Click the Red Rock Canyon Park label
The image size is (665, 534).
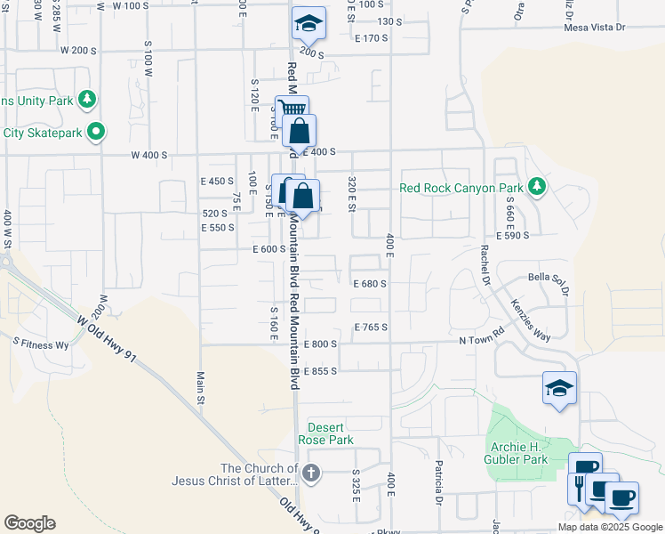[x=461, y=188]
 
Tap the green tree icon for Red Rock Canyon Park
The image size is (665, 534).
[x=536, y=187]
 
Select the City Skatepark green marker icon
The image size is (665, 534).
[x=96, y=133]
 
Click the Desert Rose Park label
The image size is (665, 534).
[x=331, y=433]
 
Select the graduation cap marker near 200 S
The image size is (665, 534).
[x=308, y=23]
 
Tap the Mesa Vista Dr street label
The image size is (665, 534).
[x=595, y=28]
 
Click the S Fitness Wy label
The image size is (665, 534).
[x=40, y=343]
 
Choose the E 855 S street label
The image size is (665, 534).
[x=320, y=371]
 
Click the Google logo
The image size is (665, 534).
[x=29, y=523]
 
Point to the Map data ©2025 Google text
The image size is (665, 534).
[x=609, y=526]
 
